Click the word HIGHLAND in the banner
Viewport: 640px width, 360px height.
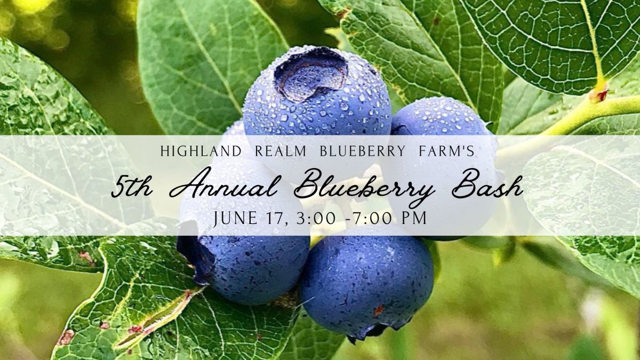pos(201,151)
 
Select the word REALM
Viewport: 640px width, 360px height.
pos(281,151)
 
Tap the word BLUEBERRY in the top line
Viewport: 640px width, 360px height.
pos(362,151)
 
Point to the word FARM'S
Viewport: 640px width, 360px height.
pos(446,151)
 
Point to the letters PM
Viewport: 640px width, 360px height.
pos(414,218)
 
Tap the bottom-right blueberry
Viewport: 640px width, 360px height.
pos(366,283)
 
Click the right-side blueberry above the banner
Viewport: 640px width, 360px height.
pos(440,117)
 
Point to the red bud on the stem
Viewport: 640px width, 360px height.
pos(599,95)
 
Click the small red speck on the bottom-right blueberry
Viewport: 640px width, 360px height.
pos(379,310)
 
